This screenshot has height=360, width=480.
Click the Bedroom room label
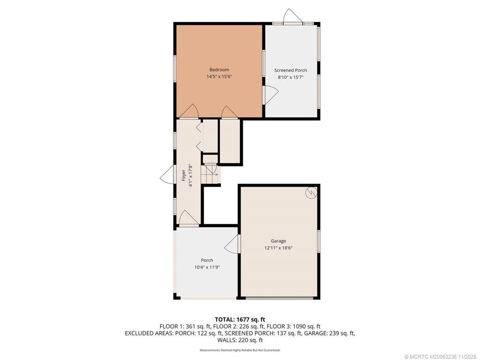point(219,70)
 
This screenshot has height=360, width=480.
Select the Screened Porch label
point(291,70)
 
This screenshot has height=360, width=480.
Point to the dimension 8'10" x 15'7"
point(291,77)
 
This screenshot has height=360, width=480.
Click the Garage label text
point(278,241)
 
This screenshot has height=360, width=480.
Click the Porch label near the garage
point(207,260)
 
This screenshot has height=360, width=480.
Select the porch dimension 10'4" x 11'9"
point(207,267)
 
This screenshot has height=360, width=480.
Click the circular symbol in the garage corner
point(310,192)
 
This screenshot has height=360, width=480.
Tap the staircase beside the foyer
point(210,174)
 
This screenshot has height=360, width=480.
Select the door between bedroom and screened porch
point(270,95)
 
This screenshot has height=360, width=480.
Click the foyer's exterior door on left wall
point(167,176)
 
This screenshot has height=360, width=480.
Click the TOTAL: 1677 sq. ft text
point(240,320)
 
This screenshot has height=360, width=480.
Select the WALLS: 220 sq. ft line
point(240,340)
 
